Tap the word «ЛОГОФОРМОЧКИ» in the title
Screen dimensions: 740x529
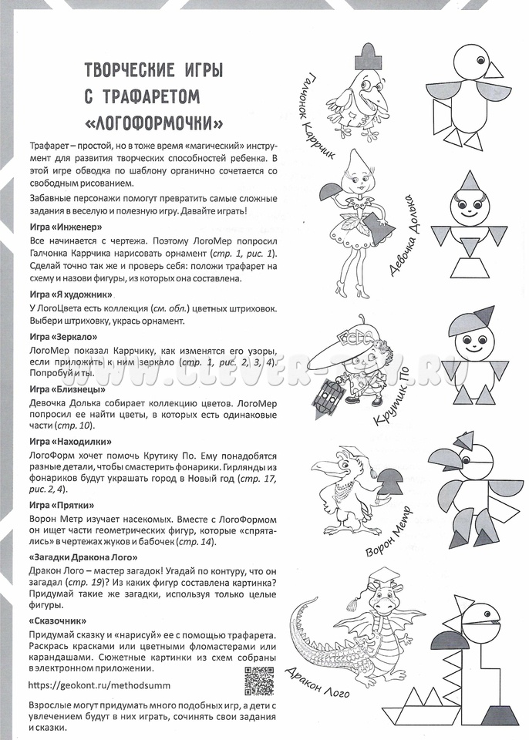(157, 123)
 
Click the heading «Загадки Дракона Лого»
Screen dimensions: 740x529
(83, 557)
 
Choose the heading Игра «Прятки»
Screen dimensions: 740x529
(61, 505)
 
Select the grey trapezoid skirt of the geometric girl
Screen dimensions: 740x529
(468, 273)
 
